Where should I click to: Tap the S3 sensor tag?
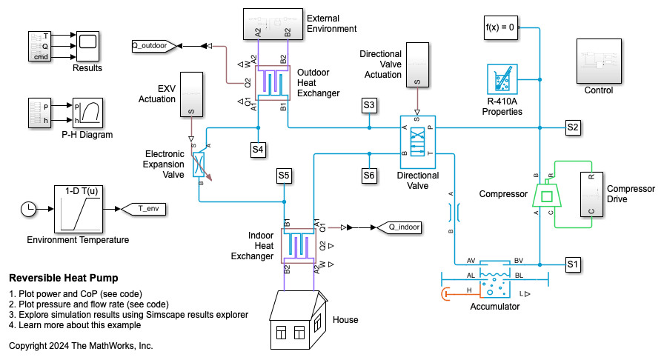(x=369, y=105)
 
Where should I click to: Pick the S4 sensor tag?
(x=257, y=150)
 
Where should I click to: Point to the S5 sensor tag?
(x=284, y=176)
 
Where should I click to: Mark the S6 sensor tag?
(x=369, y=176)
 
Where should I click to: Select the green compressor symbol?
(x=548, y=196)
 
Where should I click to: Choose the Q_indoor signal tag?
(x=399, y=227)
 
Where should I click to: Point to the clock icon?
(x=28, y=209)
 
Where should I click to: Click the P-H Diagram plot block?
(x=87, y=113)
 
